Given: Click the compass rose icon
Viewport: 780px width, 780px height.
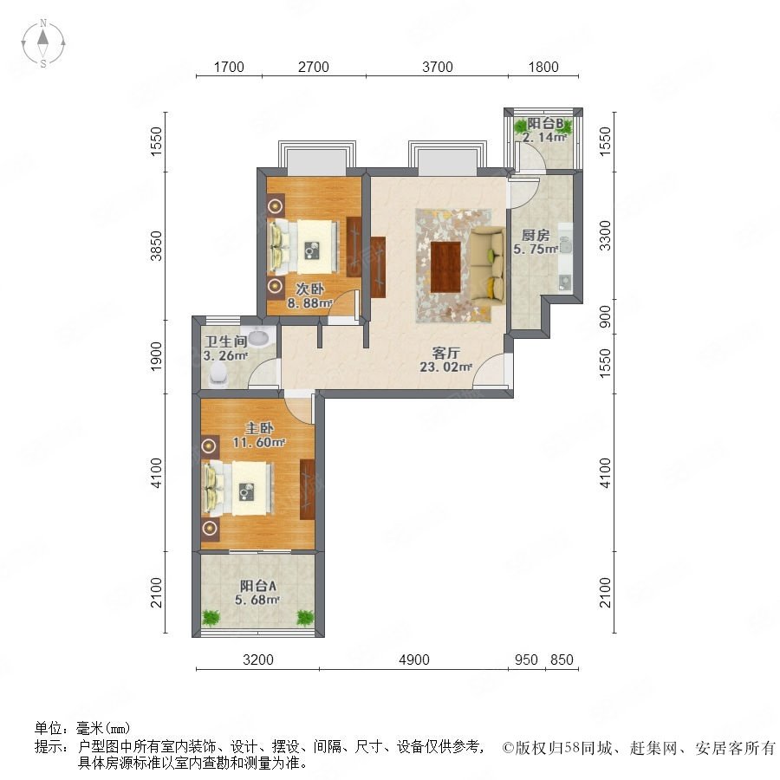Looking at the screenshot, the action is click(x=43, y=43).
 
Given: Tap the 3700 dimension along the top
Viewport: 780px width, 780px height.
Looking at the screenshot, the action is click(x=438, y=67).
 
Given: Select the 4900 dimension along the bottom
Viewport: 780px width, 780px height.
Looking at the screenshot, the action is click(x=414, y=660).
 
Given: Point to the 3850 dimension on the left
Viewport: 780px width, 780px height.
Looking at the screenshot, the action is click(x=157, y=246).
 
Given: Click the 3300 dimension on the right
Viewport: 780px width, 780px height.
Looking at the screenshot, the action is click(x=605, y=235).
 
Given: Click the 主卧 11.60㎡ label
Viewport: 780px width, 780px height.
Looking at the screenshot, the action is click(x=258, y=435).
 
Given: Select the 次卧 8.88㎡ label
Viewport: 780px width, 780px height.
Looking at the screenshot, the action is click(x=309, y=296).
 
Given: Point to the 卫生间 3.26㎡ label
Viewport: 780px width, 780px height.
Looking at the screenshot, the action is click(x=226, y=348).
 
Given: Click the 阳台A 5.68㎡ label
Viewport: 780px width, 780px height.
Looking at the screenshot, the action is click(x=257, y=593).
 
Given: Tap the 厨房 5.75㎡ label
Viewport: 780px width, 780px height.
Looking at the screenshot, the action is click(x=536, y=242).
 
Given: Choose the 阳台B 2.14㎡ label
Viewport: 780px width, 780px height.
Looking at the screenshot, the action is click(x=545, y=130).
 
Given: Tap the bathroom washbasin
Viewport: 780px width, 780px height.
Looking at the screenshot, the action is click(x=258, y=337).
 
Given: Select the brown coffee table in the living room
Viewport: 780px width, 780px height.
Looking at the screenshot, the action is click(x=445, y=267).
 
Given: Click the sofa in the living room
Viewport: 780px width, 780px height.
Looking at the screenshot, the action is click(x=487, y=265).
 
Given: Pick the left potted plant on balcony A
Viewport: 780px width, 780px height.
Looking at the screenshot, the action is click(x=211, y=617).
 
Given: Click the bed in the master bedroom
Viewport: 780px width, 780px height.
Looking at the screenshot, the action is click(x=239, y=489).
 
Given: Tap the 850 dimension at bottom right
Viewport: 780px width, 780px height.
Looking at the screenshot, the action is click(x=562, y=660).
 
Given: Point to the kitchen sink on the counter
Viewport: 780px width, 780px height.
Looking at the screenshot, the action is click(x=565, y=282).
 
